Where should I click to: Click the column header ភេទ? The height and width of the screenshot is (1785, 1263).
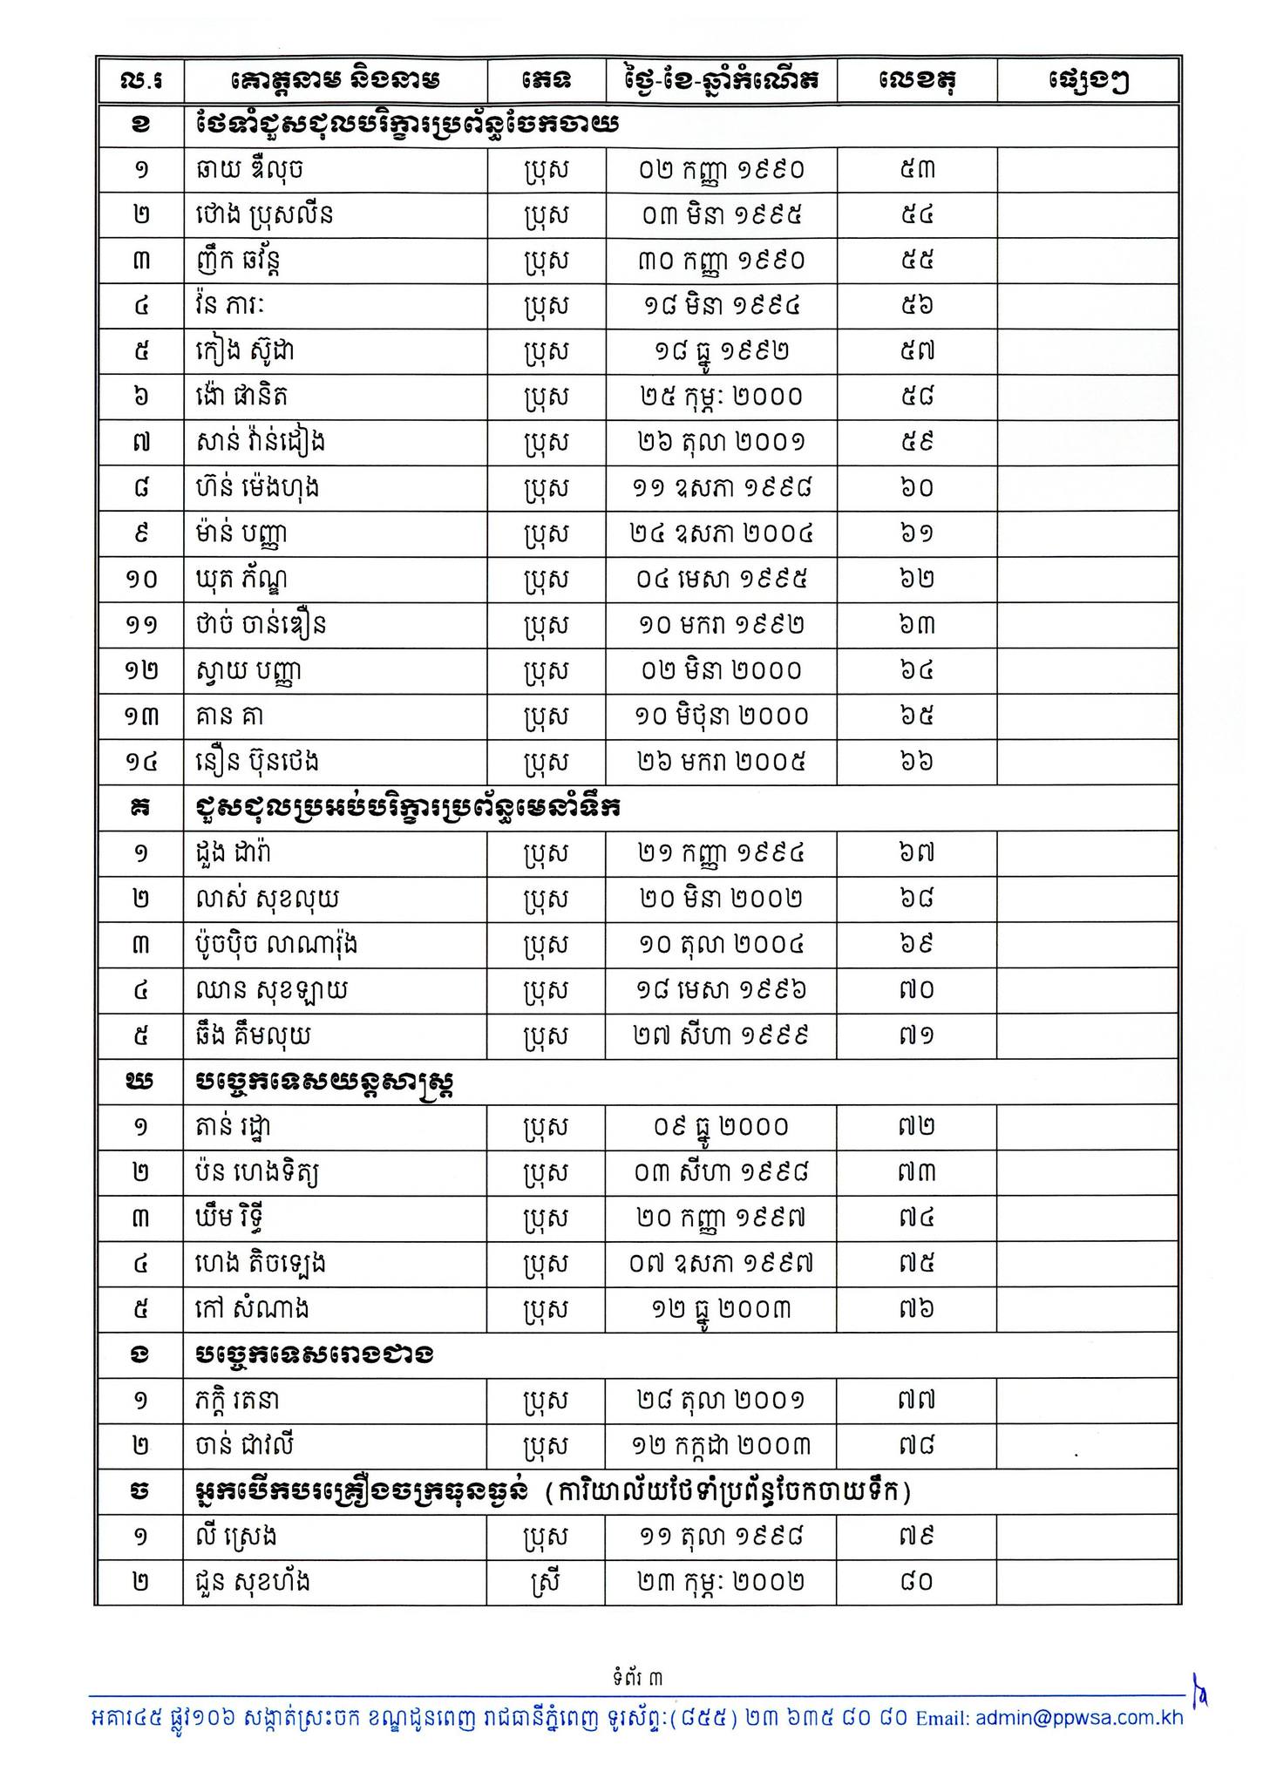click(547, 81)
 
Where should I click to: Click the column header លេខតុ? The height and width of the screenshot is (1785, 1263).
click(916, 81)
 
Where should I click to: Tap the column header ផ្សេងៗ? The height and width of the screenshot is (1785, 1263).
click(1088, 81)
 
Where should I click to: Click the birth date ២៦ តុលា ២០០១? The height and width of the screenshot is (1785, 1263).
click(720, 443)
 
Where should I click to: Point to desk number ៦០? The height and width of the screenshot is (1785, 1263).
click(916, 488)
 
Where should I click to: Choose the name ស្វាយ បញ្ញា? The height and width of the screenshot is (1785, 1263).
click(249, 671)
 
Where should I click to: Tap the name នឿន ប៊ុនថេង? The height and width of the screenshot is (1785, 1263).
click(257, 762)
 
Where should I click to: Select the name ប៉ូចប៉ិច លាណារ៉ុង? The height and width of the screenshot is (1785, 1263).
click(276, 944)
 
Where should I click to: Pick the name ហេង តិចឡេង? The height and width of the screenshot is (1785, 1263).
click(261, 1263)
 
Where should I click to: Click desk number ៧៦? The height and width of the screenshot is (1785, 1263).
click(916, 1308)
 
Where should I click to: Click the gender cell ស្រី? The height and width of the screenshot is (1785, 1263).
click(547, 1582)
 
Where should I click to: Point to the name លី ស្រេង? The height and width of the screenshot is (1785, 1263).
click(236, 1537)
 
